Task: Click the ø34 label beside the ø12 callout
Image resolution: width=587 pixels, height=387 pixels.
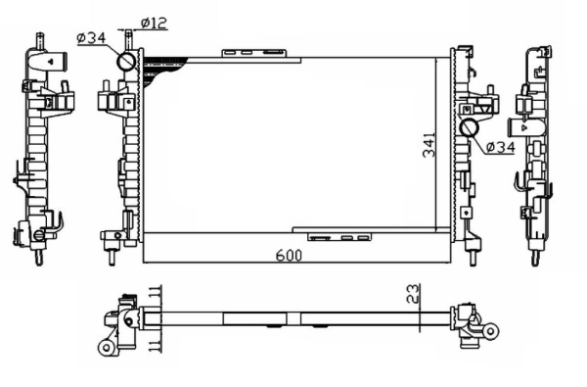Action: point(90,38)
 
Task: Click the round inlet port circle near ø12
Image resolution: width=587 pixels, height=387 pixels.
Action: point(128,62)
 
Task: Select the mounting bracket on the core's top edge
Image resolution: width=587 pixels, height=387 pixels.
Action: point(257,50)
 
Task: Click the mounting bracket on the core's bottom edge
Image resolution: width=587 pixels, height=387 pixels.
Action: point(339,235)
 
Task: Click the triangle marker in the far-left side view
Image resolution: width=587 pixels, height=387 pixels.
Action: point(46,60)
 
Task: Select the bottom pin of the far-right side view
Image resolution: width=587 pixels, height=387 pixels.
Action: point(535,257)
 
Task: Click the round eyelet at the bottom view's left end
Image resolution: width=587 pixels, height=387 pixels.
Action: point(105,348)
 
